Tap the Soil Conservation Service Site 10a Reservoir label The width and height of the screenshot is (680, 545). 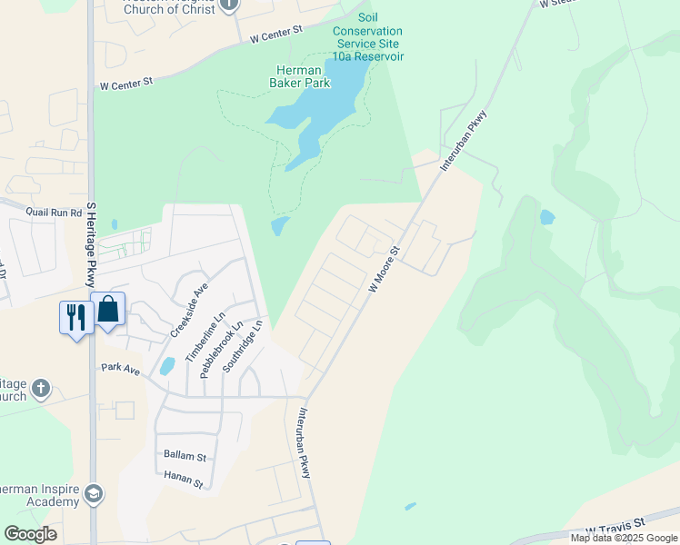tap(369, 36)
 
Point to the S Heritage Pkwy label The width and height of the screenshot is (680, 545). tap(91, 244)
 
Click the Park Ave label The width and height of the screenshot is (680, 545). tap(120, 368)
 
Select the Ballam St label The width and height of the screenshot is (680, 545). tap(185, 455)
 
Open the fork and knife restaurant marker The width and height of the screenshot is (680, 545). tap(75, 318)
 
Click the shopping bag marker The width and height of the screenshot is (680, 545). tap(107, 310)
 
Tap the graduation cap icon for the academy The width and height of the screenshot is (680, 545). tap(93, 494)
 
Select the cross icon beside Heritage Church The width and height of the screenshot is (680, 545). tap(40, 389)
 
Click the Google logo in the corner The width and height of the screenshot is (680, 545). tap(30, 534)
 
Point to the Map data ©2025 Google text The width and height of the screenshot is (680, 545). tap(624, 538)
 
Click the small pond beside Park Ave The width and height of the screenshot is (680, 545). tap(167, 366)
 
